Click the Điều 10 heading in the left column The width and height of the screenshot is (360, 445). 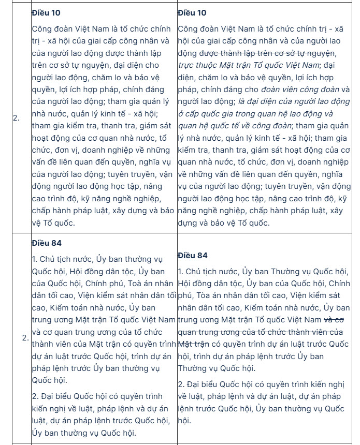[46, 12]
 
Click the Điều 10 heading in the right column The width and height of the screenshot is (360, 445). [192, 12]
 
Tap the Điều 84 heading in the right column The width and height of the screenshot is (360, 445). [192, 255]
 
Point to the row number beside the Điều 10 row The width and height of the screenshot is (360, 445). [16, 118]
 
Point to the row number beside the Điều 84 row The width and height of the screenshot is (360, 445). [25, 338]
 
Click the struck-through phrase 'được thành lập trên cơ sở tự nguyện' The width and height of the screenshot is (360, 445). [267, 53]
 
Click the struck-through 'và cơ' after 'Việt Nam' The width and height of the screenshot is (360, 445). [338, 319]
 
